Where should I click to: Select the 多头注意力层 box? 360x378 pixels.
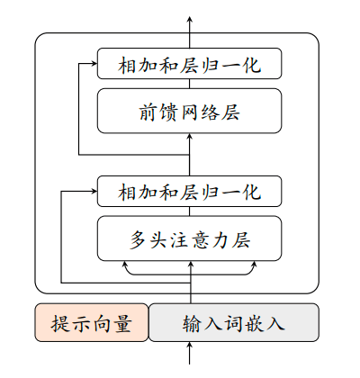pos(190,239)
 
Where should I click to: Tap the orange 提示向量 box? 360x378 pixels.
pos(91,323)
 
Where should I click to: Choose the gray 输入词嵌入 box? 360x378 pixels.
pos(233,323)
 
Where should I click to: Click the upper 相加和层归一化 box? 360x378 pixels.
pos(190,65)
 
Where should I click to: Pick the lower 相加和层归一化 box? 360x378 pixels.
pos(190,192)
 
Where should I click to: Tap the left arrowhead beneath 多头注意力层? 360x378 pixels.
pos(124,265)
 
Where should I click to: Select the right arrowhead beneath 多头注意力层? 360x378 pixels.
pos(256,265)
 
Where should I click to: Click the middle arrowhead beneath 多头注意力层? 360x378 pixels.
pos(190,265)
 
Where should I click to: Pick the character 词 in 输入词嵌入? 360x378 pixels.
pos(233,323)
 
